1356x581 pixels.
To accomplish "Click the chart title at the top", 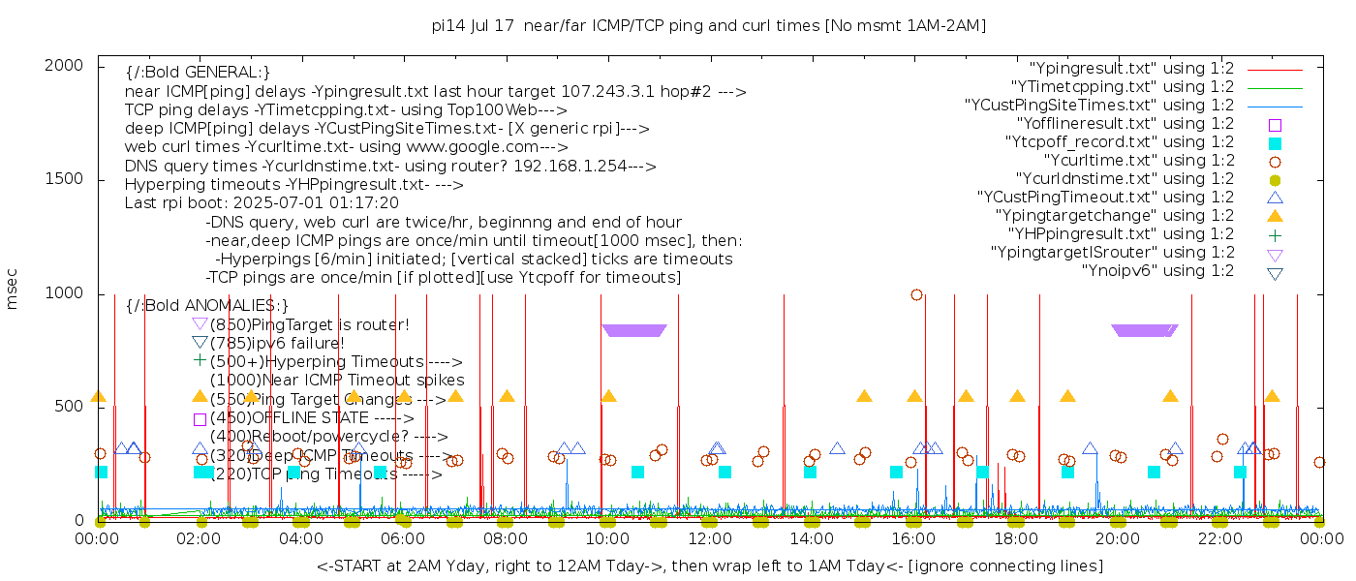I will (x=708, y=25).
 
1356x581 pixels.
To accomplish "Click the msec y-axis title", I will (x=14, y=291).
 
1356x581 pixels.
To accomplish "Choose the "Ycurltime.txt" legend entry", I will (x=1139, y=161).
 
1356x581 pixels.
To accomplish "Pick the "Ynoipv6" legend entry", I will (x=1157, y=271).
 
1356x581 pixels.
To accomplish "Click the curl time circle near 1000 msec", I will (x=916, y=295).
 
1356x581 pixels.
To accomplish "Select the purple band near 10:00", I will (x=634, y=330).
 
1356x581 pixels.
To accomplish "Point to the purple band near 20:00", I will (x=1145, y=330).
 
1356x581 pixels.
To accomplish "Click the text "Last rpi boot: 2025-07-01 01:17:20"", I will (x=262, y=203).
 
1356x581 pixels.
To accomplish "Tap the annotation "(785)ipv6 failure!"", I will (x=277, y=343).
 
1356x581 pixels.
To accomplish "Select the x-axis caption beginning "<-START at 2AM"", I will (x=709, y=566).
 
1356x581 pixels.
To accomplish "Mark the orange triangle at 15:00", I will (x=864, y=396).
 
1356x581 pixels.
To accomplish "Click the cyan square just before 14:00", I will (x=810, y=473).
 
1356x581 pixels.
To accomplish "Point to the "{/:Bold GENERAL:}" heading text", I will (x=198, y=73).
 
